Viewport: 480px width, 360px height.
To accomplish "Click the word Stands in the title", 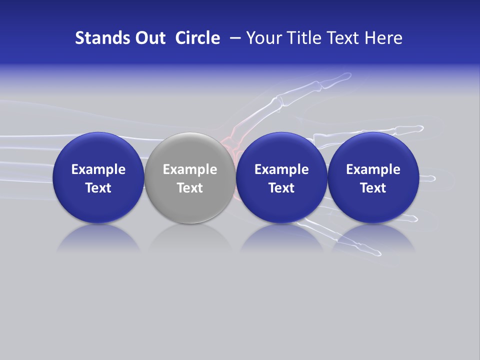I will pos(96,38).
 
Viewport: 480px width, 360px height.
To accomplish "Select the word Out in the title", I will pos(148,38).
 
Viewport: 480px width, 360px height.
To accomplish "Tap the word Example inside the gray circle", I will pos(190,169).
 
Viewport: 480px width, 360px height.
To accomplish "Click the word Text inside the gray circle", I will pos(190,188).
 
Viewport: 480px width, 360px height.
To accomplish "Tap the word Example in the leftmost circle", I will pos(98,169).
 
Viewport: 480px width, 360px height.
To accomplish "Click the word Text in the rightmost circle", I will pos(373,188).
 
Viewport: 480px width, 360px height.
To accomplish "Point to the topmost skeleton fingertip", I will pos(345,76).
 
